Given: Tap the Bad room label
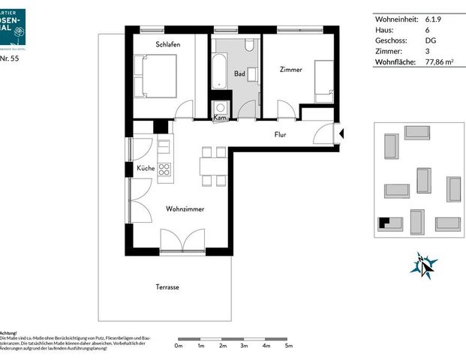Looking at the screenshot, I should [x=239, y=73].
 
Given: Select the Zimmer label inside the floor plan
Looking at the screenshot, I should [x=290, y=70].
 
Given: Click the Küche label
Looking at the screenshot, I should [x=146, y=168].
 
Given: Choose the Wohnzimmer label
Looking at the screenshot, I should [x=185, y=209].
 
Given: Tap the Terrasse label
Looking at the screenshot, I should [x=167, y=287].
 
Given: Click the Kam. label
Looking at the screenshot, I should [x=221, y=118].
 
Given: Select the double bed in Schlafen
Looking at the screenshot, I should [x=155, y=75].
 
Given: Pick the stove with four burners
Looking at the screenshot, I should [x=164, y=169].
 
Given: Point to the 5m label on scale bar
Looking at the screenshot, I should [x=288, y=346].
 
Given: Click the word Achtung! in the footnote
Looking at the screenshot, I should [x=8, y=332].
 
